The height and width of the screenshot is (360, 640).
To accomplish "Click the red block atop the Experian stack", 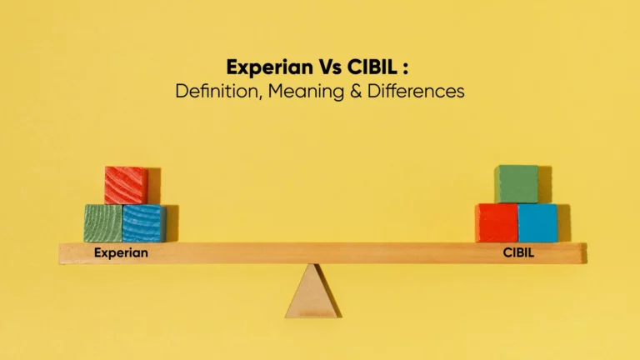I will (x=126, y=185).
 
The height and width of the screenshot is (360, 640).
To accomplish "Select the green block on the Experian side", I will (x=102, y=223).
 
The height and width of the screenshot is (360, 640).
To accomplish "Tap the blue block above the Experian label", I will (x=143, y=223).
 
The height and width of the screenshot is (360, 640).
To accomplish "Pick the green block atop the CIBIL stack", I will (x=516, y=184).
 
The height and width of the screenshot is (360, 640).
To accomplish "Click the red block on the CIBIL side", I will (x=496, y=222).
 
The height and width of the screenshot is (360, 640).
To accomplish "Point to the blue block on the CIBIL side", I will (x=537, y=222).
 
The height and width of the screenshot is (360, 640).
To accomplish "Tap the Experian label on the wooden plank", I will (x=121, y=252).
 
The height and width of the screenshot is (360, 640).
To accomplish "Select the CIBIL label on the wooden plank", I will (x=518, y=252).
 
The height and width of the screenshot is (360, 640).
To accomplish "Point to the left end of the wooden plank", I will (x=62, y=253).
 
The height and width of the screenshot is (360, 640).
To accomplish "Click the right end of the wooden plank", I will (x=582, y=252).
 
